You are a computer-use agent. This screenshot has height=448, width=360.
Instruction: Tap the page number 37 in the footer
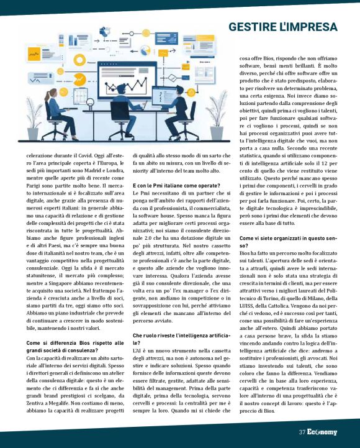click(x=301, y=432)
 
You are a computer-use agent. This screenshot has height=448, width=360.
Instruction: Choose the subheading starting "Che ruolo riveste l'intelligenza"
click(x=177, y=335)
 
